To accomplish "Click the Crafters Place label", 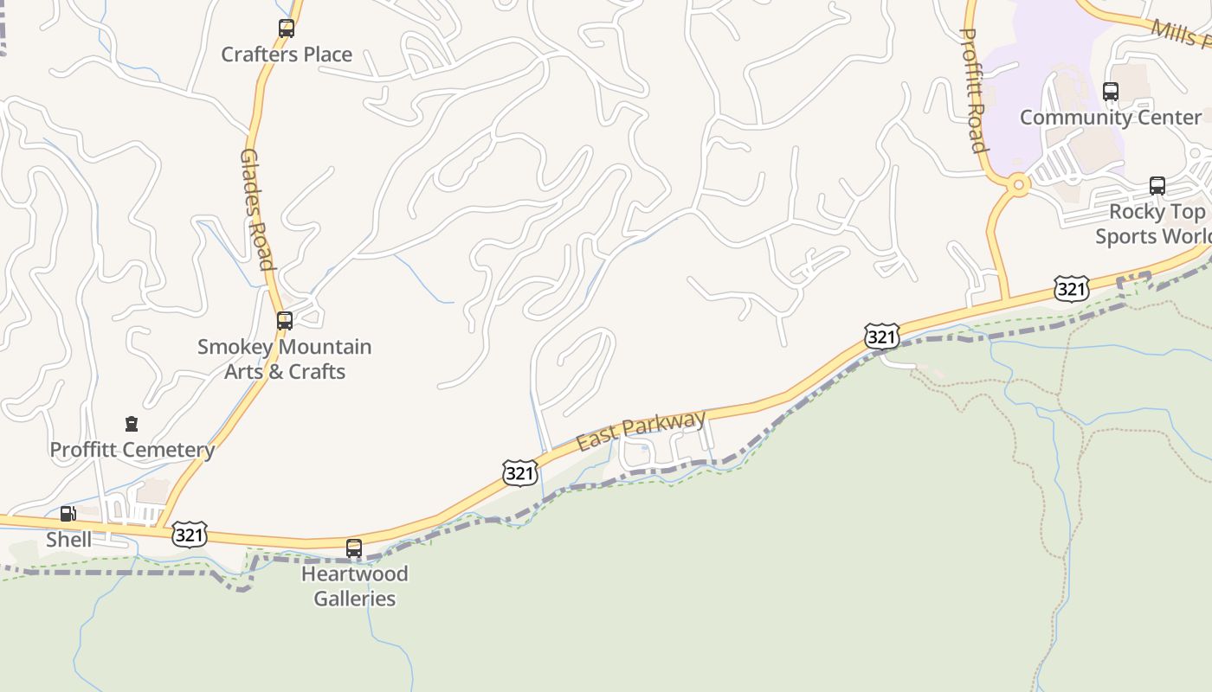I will pos(287,54).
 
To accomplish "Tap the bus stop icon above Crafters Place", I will pos(287,29).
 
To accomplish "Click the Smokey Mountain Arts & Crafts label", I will pos(284,359).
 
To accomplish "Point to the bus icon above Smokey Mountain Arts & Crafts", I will pos(284,321).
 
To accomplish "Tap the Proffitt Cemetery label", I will pos(132,450).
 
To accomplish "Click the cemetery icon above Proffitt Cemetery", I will pos(132,424).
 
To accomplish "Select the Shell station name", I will pos(68,540).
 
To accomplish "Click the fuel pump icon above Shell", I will pos(68,515).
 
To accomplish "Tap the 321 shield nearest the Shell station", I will pos(189,535).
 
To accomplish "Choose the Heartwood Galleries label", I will pos(354,586).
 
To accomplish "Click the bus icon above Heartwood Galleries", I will pos(354,548).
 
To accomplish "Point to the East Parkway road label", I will pos(641,431).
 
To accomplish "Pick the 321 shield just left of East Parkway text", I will pos(519,472).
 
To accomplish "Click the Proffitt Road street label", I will pos(975,90).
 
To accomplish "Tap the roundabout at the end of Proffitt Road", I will pos(1018,184).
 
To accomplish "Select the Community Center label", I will pos(1111,118).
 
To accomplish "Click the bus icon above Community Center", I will pos(1111,92).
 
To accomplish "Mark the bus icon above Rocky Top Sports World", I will pos(1157,185).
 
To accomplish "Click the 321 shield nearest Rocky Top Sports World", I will pos(1071,289).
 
